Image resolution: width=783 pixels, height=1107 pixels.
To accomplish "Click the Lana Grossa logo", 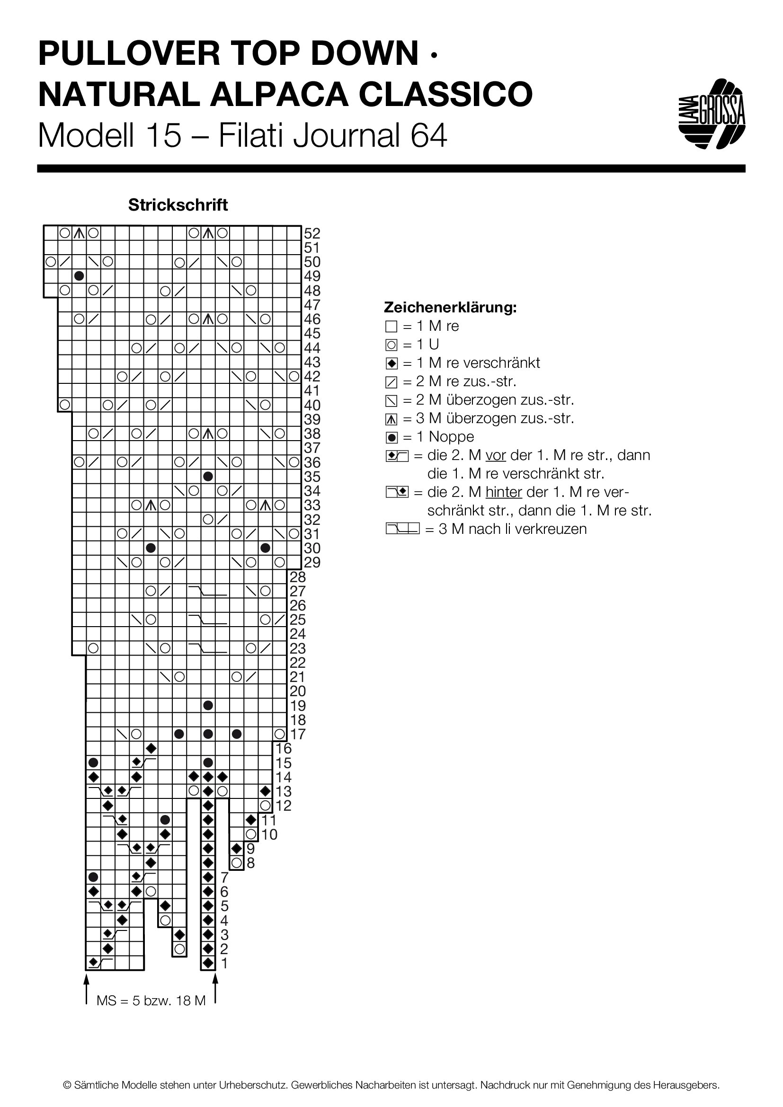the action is [x=712, y=114].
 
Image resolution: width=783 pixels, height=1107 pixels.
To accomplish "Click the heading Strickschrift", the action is [x=178, y=205].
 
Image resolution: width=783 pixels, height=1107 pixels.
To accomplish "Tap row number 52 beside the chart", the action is [x=312, y=233].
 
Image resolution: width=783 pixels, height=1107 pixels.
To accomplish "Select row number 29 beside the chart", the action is [x=312, y=562].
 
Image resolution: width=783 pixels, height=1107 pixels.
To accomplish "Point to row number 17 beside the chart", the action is [x=298, y=734].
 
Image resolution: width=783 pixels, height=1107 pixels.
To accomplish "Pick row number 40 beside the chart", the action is [x=312, y=405].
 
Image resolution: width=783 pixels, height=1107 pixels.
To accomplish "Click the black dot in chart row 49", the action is [x=79, y=276].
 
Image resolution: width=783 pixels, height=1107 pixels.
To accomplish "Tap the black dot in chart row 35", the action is [x=208, y=477].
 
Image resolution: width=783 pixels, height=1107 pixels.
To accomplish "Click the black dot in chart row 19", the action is [x=208, y=705].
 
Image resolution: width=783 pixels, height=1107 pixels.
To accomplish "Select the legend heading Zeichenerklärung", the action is [x=450, y=307].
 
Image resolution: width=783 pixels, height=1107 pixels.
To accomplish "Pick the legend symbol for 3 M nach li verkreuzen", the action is [x=402, y=529].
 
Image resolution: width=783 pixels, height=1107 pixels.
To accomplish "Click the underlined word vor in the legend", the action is [x=496, y=456].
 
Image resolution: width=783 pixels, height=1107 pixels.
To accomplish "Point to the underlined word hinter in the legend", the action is [x=504, y=492].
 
